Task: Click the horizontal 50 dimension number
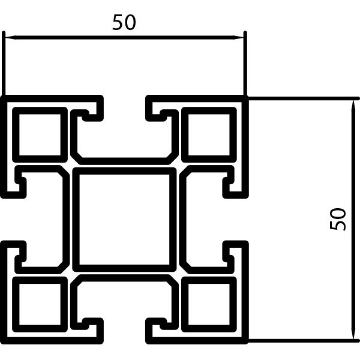124,22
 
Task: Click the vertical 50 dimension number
337,219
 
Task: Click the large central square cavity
124,220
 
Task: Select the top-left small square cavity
40,134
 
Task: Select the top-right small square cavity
209,134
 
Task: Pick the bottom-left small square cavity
40,304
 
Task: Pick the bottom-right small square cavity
209,304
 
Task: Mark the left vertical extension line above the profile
4,63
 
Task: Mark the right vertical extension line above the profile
245,63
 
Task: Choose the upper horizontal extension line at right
304,98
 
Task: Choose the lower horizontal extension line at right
304,340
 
